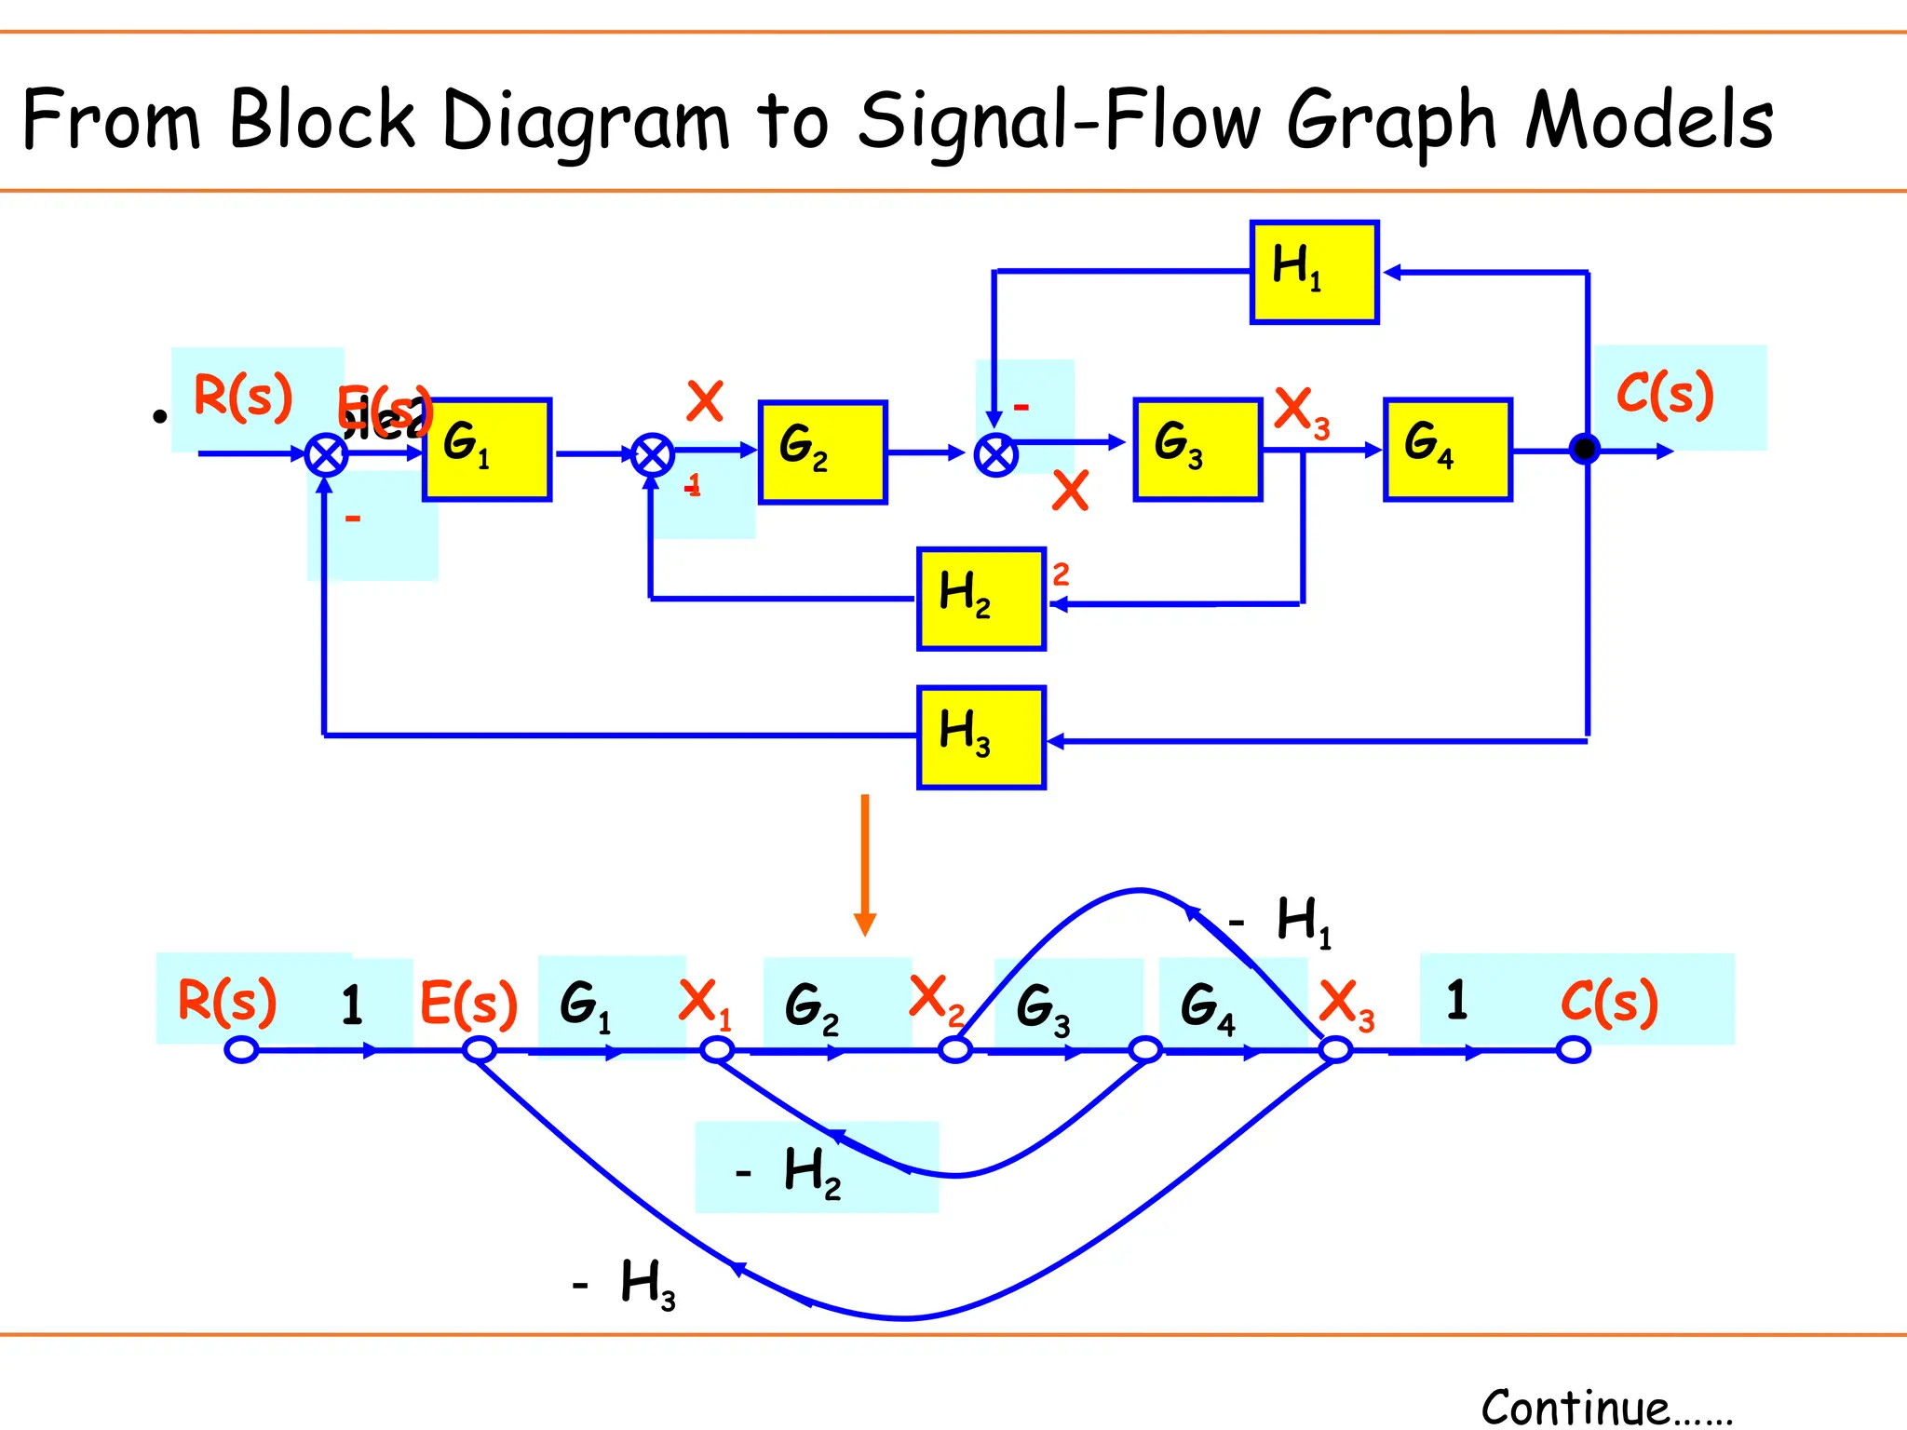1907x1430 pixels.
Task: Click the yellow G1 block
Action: point(487,450)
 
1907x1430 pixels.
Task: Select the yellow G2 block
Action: point(822,452)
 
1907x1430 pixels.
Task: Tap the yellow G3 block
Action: point(1197,450)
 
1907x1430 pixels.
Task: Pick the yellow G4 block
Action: point(1447,450)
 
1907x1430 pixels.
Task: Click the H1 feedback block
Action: point(1314,272)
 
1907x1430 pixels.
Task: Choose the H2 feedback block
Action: point(981,599)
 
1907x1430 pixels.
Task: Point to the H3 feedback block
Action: point(981,737)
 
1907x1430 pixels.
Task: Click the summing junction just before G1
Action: point(327,455)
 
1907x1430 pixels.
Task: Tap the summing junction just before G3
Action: point(995,455)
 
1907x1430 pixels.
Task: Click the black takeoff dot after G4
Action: point(1584,450)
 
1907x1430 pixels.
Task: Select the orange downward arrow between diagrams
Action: point(865,866)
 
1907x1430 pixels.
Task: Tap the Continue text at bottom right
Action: point(1605,1407)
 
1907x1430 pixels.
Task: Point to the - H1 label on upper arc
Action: point(1281,921)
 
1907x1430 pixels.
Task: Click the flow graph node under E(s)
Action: point(480,1050)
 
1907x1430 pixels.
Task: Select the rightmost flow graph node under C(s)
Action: point(1573,1050)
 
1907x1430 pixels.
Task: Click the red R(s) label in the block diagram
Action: point(243,397)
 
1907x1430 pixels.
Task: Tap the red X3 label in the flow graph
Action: point(1346,1005)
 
